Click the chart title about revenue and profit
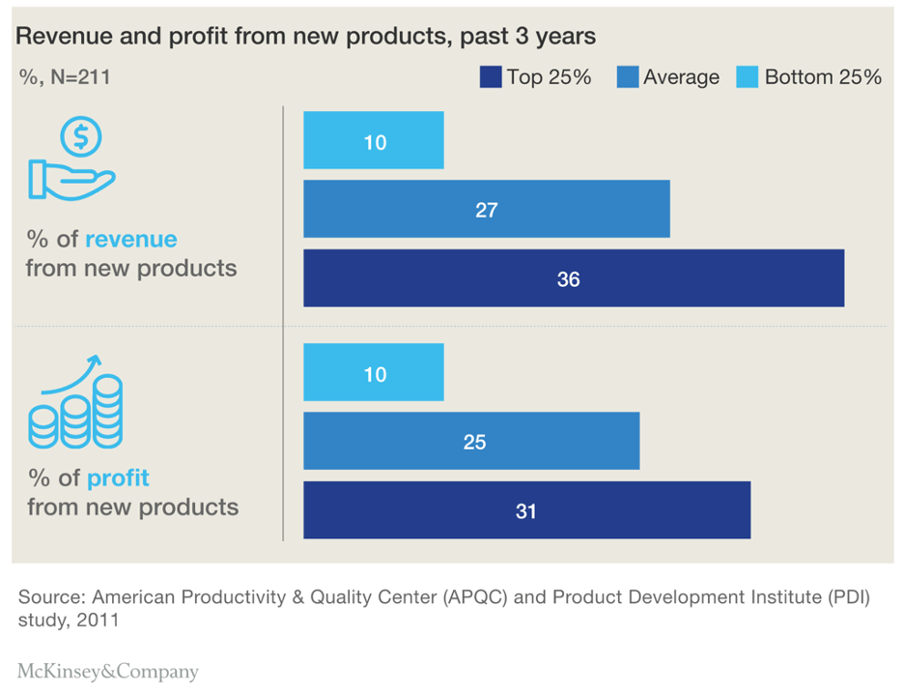point(305,37)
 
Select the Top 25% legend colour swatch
point(491,77)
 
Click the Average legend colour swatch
point(627,77)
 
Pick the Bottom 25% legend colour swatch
point(748,77)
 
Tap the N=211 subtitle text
point(64,77)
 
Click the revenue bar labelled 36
point(574,278)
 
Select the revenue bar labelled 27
point(486,209)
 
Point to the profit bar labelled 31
point(526,510)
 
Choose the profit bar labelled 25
point(471,442)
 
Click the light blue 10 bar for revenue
point(374,141)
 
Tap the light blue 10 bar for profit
point(374,373)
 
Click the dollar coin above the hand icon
point(81,137)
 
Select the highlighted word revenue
point(130,240)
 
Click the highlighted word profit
point(118,478)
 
